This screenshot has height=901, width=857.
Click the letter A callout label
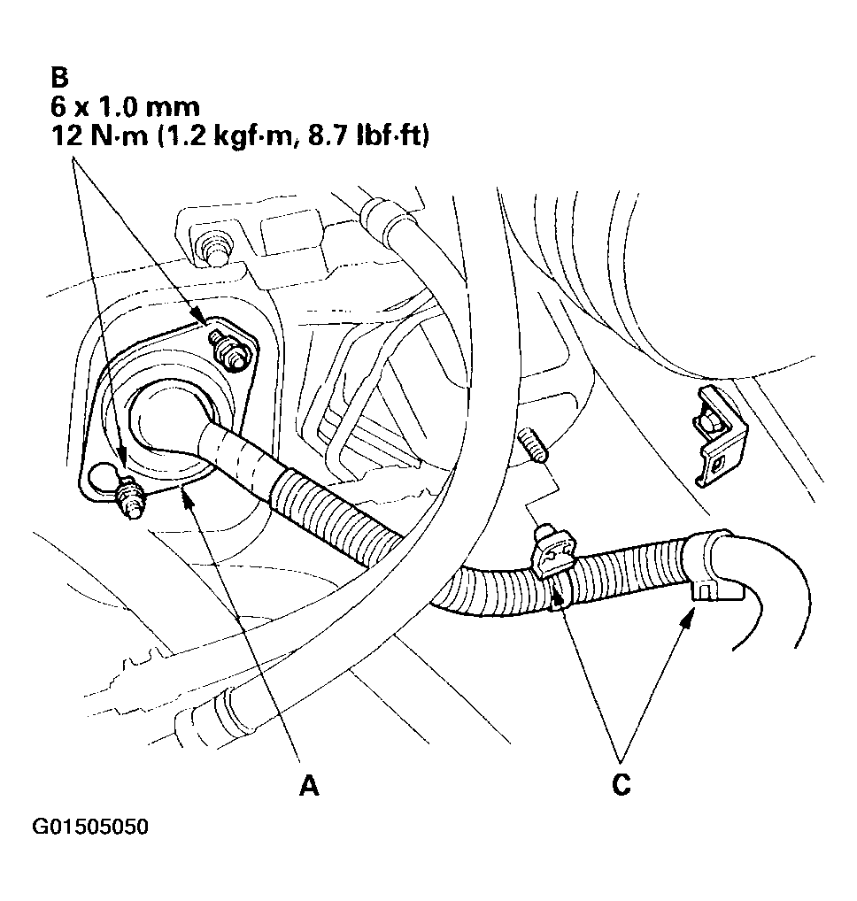308,784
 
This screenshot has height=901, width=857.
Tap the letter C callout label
622,784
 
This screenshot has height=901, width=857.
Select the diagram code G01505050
91,828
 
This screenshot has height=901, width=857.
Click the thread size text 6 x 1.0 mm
124,106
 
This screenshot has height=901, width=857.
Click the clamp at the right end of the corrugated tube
710,566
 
